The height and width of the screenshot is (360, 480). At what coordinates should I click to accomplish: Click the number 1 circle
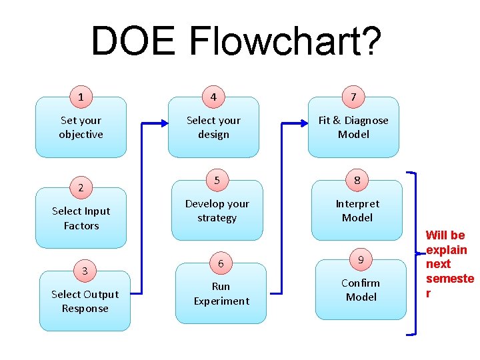81,97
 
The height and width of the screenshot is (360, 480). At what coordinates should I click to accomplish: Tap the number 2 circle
81,188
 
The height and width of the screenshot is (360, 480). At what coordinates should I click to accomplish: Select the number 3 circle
85,271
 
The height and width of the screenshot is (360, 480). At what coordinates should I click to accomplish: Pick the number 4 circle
213,97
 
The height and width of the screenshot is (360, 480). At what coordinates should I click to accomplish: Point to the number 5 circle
217,181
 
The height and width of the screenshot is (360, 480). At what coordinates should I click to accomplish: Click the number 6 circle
221,264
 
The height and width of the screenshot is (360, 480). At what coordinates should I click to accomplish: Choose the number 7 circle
353,97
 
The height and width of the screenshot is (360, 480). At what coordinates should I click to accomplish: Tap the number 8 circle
357,181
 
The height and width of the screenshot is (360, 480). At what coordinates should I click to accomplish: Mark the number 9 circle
361,260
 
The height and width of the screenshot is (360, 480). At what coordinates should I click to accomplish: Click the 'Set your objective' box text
81,127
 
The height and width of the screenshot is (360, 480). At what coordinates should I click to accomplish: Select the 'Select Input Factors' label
81,218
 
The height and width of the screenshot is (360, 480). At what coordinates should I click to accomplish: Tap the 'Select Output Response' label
85,301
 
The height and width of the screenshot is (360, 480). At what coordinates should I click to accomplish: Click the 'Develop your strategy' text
217,211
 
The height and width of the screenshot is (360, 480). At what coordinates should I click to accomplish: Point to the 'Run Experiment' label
221,293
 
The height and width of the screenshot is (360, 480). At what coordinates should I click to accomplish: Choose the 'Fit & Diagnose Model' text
353,127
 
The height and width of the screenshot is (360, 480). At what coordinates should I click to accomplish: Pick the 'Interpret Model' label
357,211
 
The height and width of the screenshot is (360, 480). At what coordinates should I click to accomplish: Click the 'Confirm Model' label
361,290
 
